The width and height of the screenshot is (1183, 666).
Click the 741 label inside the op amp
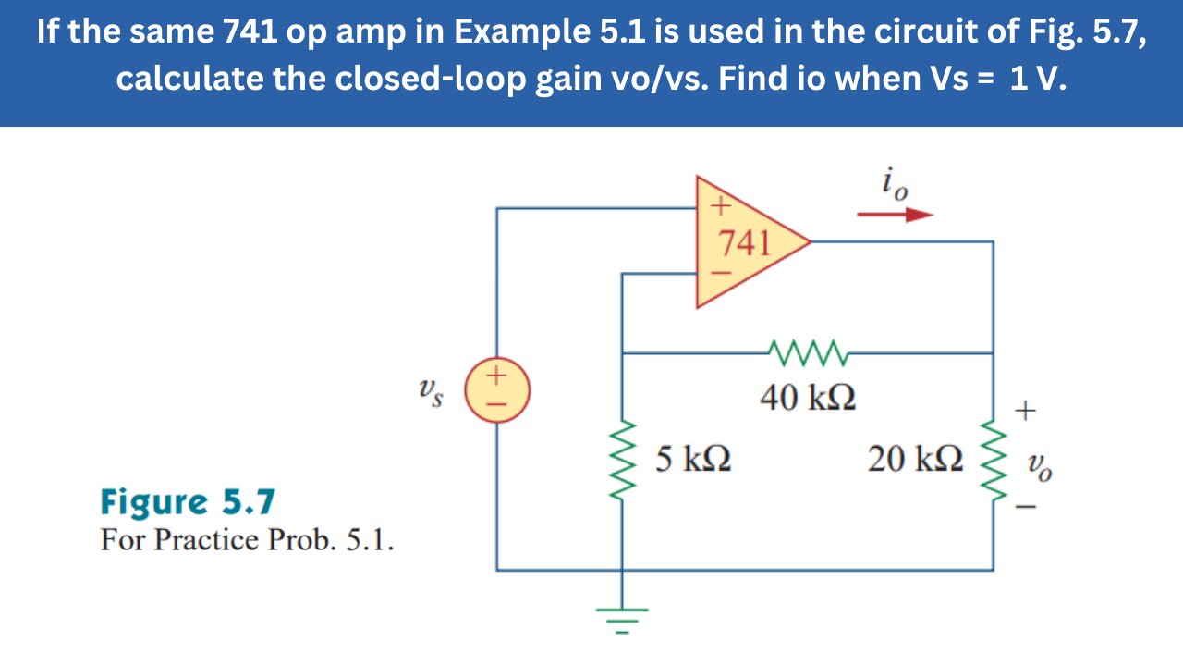coord(745,242)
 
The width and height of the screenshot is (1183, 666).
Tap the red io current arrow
coord(895,216)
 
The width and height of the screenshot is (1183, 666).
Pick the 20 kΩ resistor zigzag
coord(993,459)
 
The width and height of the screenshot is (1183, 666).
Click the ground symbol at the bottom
coord(621,617)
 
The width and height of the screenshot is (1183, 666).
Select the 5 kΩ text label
coord(693,458)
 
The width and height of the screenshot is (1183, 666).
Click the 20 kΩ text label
coord(915,458)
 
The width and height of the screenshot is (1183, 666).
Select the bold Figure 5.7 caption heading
coord(188,502)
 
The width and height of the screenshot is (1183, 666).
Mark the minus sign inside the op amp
coord(720,274)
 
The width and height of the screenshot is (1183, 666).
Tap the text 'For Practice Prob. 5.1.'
coord(247,539)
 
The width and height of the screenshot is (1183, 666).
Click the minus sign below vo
coord(1026,507)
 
